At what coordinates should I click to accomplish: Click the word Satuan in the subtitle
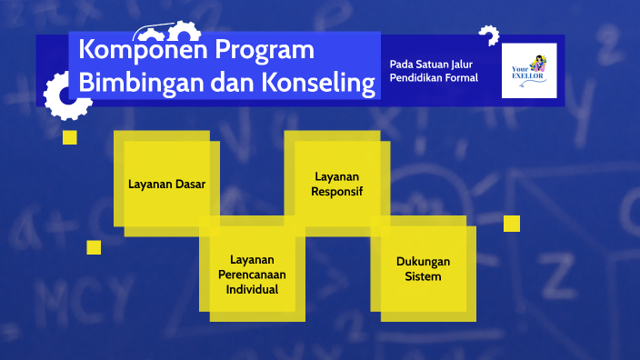[x=429, y=64]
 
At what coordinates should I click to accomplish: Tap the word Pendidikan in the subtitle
[x=418, y=78]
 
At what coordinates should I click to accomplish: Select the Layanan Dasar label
[x=166, y=185]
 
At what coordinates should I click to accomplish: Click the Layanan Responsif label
[x=336, y=184]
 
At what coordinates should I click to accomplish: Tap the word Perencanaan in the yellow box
[x=252, y=275]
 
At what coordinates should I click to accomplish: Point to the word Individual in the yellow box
[x=252, y=289]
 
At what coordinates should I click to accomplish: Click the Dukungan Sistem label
[x=423, y=268]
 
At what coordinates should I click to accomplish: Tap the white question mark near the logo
[x=489, y=36]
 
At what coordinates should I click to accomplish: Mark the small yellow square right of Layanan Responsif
[x=512, y=224]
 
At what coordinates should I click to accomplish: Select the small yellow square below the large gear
[x=69, y=137]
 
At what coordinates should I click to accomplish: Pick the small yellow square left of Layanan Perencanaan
[x=94, y=247]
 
